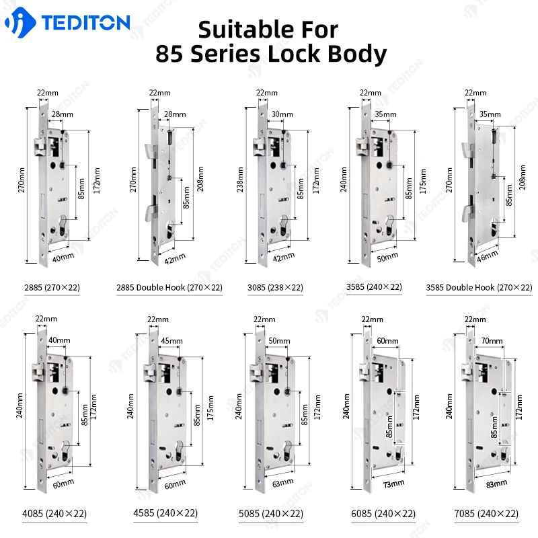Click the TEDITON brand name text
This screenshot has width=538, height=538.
tap(85, 23)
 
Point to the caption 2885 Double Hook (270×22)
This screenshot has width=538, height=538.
tap(169, 287)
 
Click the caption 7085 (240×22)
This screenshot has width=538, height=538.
tap(487, 514)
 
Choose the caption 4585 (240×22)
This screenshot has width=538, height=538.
tap(165, 514)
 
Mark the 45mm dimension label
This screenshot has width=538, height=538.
tap(171, 341)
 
